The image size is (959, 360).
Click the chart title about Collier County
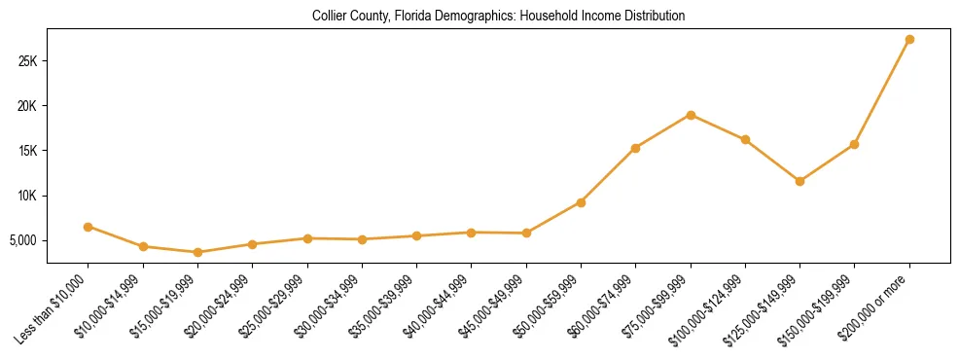tap(498, 17)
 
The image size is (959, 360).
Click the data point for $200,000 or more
tap(909, 39)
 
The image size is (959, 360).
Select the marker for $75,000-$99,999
tap(691, 115)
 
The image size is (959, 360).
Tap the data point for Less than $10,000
tap(88, 227)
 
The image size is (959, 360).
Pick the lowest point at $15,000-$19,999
tap(197, 252)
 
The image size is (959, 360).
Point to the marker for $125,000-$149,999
tap(799, 181)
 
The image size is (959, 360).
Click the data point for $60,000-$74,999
tap(635, 148)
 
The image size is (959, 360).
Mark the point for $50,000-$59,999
tap(581, 202)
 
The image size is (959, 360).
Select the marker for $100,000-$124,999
tap(745, 139)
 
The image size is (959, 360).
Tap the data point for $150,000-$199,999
tap(854, 144)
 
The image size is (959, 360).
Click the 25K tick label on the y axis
tap(26, 61)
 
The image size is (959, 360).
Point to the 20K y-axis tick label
tap(26, 106)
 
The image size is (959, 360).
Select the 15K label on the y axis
tap(26, 151)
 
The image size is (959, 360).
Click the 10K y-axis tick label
tap(26, 196)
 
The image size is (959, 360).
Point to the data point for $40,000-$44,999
tap(471, 233)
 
